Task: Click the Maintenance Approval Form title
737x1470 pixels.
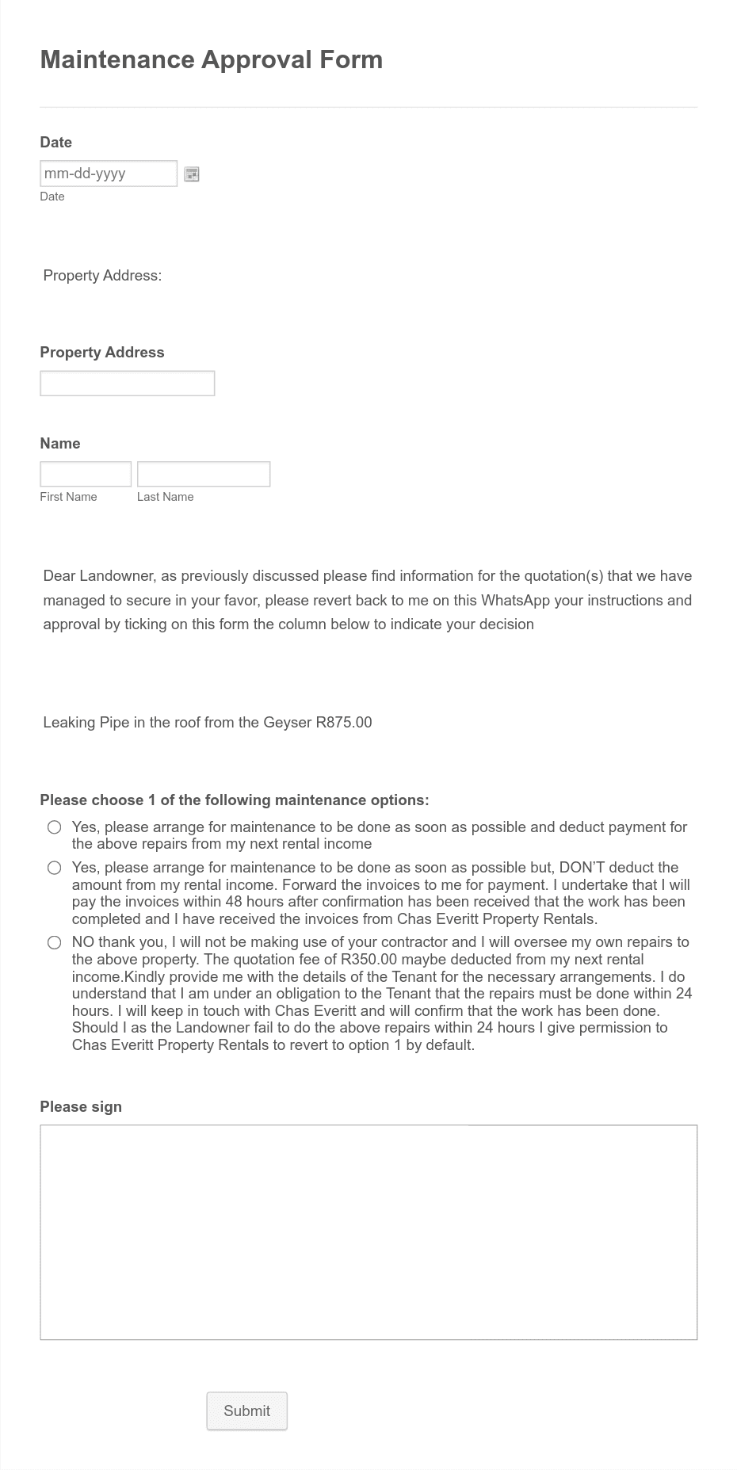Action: pyautogui.click(x=211, y=59)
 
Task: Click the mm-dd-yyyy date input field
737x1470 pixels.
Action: pyautogui.click(x=109, y=174)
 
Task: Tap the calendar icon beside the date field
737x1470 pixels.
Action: pyautogui.click(x=192, y=174)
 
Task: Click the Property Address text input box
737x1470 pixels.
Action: pyautogui.click(x=127, y=384)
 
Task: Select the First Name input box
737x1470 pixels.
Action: pyautogui.click(x=86, y=474)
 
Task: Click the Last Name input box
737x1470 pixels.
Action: pyautogui.click(x=203, y=474)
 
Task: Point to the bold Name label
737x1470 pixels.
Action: pyautogui.click(x=60, y=443)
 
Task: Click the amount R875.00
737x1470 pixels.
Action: pyautogui.click(x=343, y=722)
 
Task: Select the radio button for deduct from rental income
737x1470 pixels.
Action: pyautogui.click(x=54, y=827)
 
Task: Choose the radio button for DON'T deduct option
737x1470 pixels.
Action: pyautogui.click(x=54, y=868)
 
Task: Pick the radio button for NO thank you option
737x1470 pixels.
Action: pyautogui.click(x=54, y=942)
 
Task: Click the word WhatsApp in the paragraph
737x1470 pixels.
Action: pyautogui.click(x=515, y=600)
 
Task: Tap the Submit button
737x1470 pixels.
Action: pyautogui.click(x=246, y=1411)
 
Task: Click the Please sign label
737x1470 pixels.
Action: pyautogui.click(x=81, y=1106)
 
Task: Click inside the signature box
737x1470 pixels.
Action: pyautogui.click(x=368, y=1232)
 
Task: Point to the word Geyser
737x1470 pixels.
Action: pyautogui.click(x=286, y=722)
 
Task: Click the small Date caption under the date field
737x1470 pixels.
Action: pyautogui.click(x=52, y=197)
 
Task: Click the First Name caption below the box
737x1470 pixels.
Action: pyautogui.click(x=68, y=497)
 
